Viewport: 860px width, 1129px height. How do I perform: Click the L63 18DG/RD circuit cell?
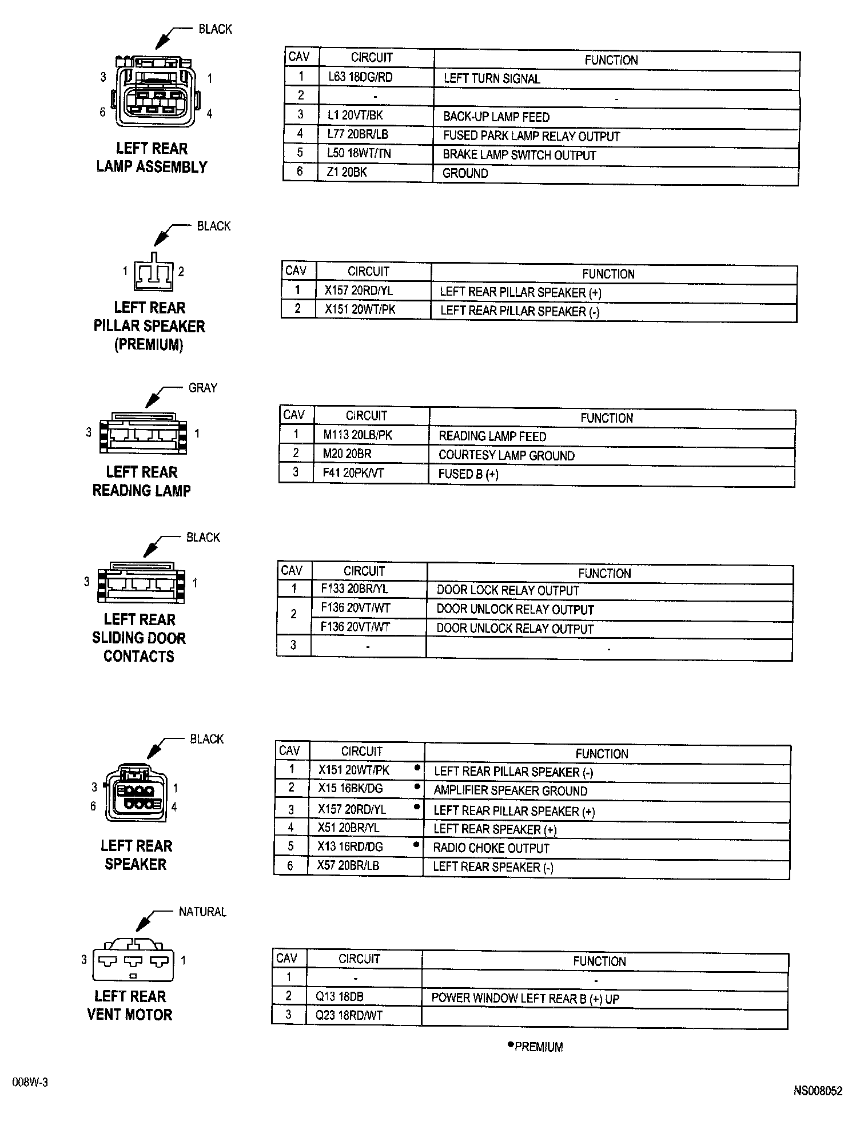pos(360,77)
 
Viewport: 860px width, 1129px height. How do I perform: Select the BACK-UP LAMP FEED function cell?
pos(496,117)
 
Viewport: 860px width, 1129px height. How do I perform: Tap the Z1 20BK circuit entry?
pos(347,172)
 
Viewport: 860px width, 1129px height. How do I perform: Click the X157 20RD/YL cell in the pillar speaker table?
pos(359,291)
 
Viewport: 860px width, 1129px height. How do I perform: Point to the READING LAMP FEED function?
pos(492,436)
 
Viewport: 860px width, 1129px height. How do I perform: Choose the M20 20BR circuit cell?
pos(347,454)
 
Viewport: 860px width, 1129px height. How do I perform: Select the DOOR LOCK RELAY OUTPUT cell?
pos(508,591)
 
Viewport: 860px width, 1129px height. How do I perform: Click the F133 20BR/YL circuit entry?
pos(355,589)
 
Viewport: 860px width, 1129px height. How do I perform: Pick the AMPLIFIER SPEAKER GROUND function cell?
pos(510,791)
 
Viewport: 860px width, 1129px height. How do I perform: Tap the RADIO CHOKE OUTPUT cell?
pos(491,848)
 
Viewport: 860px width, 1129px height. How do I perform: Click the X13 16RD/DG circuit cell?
pos(350,846)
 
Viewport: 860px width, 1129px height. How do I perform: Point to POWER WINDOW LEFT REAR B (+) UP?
pos(525,999)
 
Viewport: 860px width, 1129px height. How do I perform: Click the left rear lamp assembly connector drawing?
pos(156,92)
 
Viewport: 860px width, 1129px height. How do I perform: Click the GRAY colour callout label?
pos(202,388)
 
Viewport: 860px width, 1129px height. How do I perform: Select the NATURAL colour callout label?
pos(202,912)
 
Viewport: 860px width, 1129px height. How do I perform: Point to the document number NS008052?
pos(817,1091)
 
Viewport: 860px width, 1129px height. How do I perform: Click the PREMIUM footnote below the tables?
pos(538,1047)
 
